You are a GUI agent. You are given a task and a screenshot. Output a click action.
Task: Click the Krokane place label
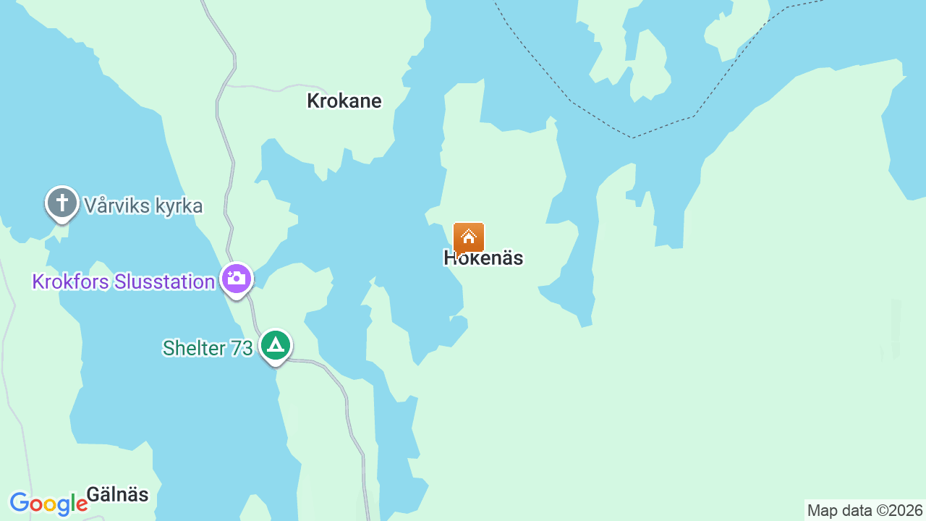pyautogui.click(x=344, y=101)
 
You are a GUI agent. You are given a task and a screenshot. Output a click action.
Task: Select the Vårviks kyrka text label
pyautogui.click(x=143, y=206)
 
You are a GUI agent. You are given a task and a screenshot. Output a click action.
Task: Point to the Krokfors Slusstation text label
pyautogui.click(x=124, y=281)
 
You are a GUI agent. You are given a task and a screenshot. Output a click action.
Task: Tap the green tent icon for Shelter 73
pyautogui.click(x=275, y=346)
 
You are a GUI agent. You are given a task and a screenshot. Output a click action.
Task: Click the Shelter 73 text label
pyautogui.click(x=208, y=348)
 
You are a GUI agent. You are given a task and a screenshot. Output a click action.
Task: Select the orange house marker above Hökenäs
pyautogui.click(x=469, y=237)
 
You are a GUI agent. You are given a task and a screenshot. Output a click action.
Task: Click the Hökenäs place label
pyautogui.click(x=483, y=258)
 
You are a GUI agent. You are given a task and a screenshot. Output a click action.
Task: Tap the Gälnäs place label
pyautogui.click(x=117, y=495)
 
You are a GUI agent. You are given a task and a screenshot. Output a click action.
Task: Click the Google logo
pyautogui.click(x=48, y=504)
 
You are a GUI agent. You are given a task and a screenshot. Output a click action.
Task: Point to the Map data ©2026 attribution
pyautogui.click(x=865, y=511)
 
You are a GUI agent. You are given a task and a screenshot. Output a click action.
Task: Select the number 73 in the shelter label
pyautogui.click(x=241, y=348)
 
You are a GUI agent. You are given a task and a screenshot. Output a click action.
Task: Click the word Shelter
pyautogui.click(x=194, y=348)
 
